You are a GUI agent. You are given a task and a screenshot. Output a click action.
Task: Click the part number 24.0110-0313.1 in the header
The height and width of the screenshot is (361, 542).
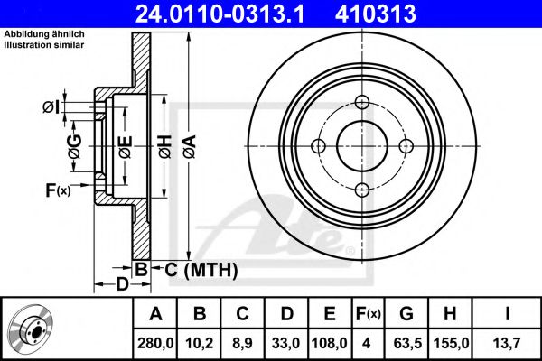tap(220, 14)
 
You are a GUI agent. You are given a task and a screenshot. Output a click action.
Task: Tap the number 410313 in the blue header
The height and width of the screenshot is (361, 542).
tap(376, 14)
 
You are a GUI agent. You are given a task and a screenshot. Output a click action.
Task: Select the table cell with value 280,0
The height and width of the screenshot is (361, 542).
tap(155, 343)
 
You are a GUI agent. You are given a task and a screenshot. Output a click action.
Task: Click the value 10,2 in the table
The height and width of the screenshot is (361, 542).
tap(199, 343)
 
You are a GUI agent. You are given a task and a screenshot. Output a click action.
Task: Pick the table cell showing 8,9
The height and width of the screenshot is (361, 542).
tap(242, 343)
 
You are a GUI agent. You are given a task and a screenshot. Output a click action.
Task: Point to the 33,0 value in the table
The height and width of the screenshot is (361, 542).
tap(285, 343)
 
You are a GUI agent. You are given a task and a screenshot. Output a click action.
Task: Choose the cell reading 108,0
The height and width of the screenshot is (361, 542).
tap(330, 343)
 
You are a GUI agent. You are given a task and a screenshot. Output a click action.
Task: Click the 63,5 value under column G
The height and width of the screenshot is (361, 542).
tap(407, 343)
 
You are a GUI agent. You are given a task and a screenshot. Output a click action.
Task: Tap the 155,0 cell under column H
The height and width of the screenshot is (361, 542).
tap(451, 343)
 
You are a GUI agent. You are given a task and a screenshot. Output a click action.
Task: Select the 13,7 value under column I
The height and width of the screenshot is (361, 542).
tap(507, 343)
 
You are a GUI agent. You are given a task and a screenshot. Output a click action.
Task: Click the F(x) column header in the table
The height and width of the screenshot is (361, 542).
tap(369, 314)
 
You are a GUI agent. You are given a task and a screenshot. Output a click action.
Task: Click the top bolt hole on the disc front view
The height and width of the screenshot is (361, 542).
tap(362, 102)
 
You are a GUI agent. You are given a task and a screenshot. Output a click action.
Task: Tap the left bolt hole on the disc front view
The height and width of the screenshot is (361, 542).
tap(318, 146)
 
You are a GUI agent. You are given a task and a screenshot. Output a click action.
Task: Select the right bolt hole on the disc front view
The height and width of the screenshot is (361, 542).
tap(406, 146)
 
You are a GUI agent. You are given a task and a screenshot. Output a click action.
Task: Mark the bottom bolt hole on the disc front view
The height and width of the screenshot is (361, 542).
tap(362, 190)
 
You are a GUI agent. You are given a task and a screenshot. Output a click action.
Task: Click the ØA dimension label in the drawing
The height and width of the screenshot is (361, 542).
tap(190, 146)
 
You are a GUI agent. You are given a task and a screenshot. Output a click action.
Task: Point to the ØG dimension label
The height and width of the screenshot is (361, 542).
tap(75, 146)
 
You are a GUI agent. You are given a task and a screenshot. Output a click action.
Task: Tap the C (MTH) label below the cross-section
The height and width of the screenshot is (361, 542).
tap(201, 270)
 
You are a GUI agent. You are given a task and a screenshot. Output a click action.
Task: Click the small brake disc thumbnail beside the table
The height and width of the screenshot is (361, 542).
tap(31, 327)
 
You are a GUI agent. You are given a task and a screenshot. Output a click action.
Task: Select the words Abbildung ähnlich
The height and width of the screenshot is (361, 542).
tap(44, 34)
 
